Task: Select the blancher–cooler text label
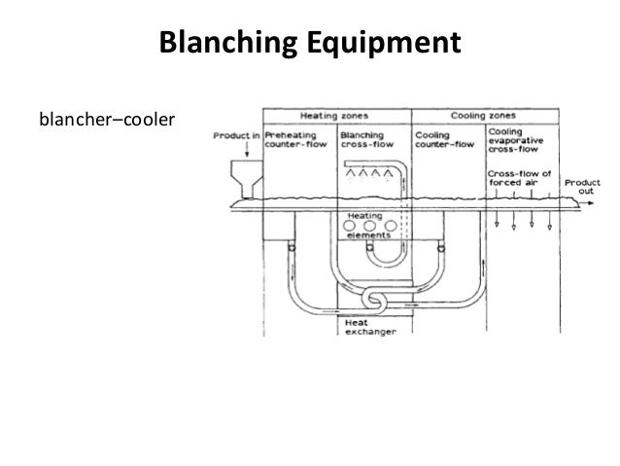click(x=104, y=120)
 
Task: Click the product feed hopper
click(x=236, y=182)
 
